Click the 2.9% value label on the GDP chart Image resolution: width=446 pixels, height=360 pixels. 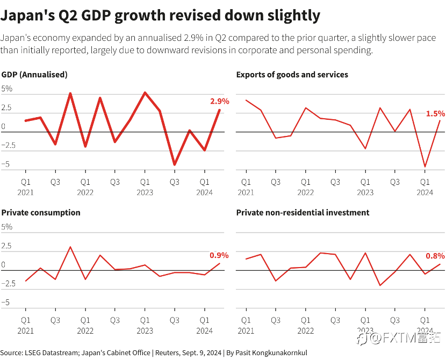pos(220,101)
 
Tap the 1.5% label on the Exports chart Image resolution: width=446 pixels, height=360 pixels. pos(435,113)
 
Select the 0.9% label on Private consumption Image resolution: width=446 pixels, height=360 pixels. pos(219,255)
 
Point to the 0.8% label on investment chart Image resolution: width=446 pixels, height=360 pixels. pos(435,256)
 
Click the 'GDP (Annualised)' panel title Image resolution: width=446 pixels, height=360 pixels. pos(34,75)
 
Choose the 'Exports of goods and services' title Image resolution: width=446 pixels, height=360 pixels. pos(292,75)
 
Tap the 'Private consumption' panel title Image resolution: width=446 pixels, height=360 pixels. pos(41,213)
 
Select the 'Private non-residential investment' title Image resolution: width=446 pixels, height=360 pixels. pos(303,212)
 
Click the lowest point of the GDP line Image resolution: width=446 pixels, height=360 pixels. pos(175,164)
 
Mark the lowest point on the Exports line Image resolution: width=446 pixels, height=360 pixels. pos(425,167)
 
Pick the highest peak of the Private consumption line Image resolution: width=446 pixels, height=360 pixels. pos(70,247)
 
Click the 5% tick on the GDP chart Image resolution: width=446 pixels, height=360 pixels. pos(7,89)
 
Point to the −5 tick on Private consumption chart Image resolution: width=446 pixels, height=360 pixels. pos(5,302)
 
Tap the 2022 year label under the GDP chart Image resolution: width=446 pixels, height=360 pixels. pos(85,193)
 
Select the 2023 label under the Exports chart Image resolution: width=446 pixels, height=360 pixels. pos(365,193)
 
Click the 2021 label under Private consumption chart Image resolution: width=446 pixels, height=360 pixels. pos(26,331)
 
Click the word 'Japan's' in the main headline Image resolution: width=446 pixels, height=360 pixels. pos(27,15)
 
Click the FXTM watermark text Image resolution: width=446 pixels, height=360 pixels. pos(400,339)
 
